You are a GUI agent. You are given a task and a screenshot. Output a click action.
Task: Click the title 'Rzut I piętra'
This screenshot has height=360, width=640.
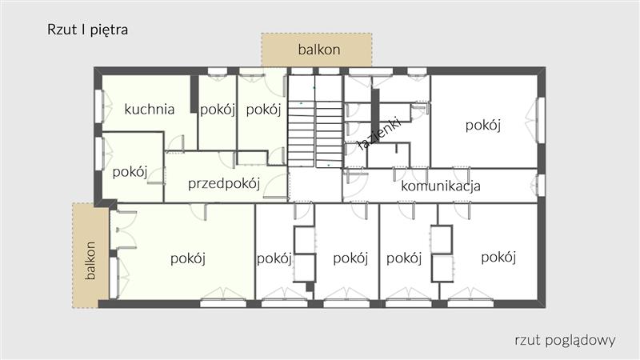coord(87,30)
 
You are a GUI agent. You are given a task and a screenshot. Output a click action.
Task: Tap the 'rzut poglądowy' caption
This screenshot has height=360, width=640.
coord(565,340)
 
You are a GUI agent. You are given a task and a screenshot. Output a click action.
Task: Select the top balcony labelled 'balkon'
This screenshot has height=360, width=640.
coord(317,50)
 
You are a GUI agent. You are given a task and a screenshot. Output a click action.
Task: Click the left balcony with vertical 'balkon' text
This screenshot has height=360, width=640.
coord(90,255)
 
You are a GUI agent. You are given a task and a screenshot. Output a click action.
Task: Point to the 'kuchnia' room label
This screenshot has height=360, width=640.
coord(150,109)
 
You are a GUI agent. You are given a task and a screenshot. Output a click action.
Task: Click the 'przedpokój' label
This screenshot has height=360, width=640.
coord(224,184)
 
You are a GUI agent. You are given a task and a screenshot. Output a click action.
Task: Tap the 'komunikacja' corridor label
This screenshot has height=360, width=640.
coord(441,186)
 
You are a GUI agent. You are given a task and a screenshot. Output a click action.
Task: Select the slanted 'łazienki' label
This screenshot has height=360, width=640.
coord(379,134)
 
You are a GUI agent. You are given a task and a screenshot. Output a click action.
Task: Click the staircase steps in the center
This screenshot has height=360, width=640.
coord(314,122)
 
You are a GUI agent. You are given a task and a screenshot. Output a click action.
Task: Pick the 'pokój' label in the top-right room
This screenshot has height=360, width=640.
coord(483,125)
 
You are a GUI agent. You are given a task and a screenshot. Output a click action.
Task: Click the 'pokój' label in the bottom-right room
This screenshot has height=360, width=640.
coord(498,257)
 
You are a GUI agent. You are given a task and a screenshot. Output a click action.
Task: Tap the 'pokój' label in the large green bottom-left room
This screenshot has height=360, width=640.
coord(188,258)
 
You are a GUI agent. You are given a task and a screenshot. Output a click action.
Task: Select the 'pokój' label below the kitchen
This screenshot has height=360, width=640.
coord(130,172)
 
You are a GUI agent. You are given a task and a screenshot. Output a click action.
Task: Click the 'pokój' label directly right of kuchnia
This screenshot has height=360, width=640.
coord(218,110)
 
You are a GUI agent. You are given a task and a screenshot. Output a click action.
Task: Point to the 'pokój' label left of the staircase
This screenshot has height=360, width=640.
coord(263,110)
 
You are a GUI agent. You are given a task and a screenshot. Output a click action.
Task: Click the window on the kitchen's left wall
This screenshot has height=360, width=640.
coord(99,106)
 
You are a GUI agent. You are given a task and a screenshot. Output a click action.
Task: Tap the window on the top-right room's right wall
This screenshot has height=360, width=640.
coord(541,120)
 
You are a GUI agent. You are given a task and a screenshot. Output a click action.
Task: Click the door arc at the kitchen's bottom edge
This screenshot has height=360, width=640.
coord(175,143)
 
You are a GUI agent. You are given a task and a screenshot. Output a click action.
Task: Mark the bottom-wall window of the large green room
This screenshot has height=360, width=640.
coord(223,303)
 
